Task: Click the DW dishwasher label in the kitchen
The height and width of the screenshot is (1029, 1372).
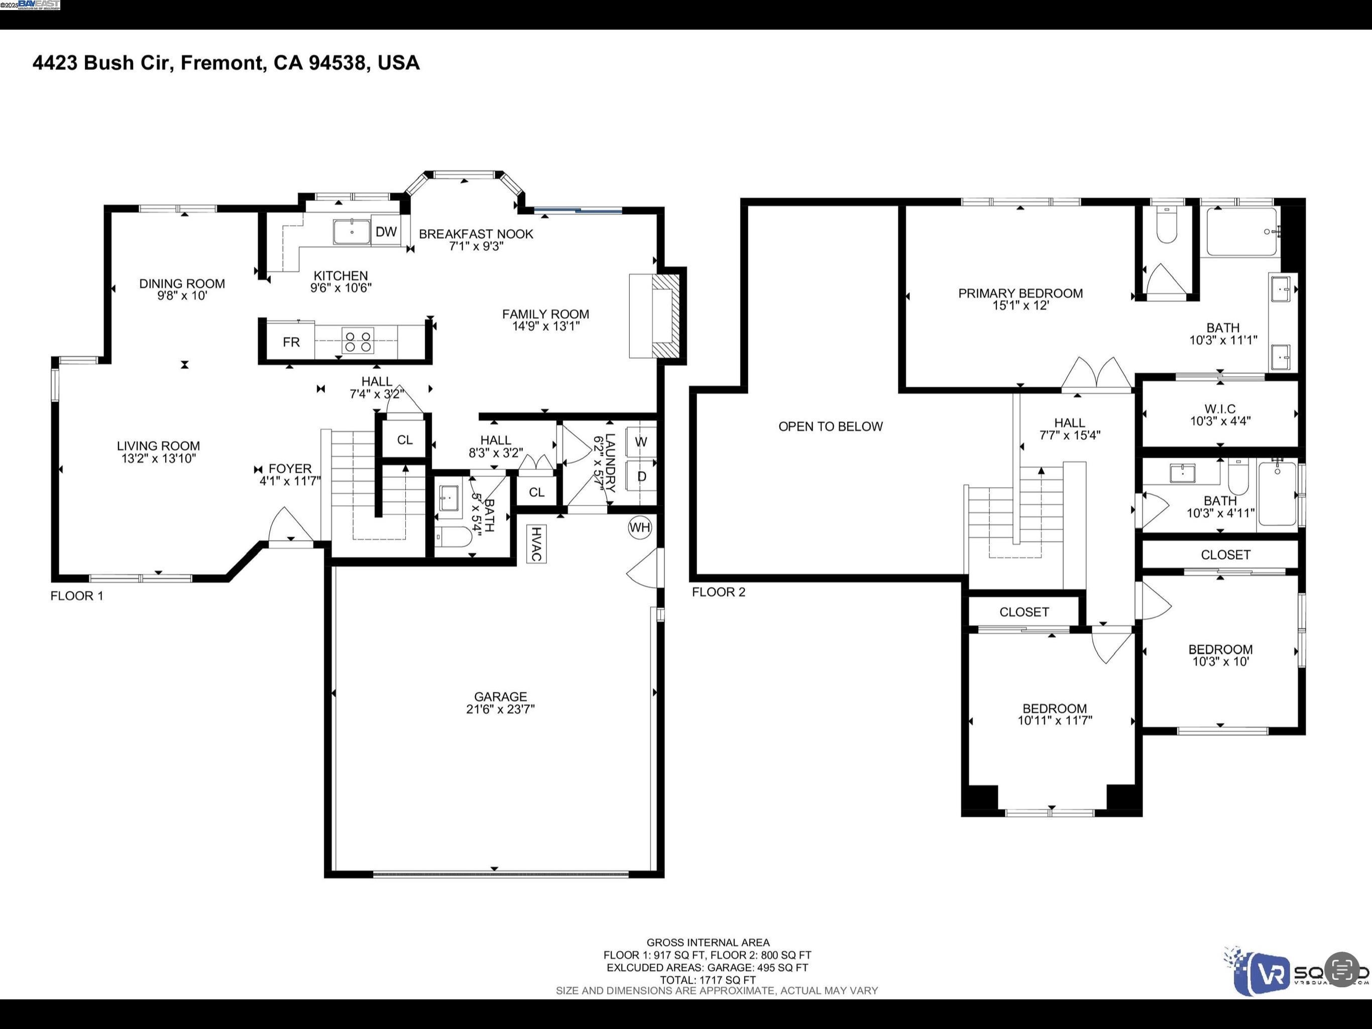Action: pos(386,232)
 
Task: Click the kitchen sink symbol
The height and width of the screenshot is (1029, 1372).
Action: pos(352,232)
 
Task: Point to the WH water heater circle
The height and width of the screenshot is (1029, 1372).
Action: pos(639,528)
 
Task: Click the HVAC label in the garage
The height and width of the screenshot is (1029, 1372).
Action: pos(536,544)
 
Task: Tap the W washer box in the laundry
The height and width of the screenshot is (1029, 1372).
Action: pos(641,442)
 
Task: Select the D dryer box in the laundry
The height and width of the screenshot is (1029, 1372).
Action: pos(641,476)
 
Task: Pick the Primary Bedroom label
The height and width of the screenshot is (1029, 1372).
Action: pos(1020,293)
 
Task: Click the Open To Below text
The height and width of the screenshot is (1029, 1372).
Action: pos(830,427)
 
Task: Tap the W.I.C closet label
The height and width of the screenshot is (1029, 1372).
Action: pos(1219,409)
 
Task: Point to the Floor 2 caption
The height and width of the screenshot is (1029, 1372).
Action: pos(718,592)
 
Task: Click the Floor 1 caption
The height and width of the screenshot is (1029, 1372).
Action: pos(77,596)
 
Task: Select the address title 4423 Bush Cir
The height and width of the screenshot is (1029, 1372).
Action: pos(226,63)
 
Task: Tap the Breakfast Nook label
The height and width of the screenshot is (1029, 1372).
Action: pos(476,234)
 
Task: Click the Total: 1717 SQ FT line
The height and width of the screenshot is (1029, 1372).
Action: pos(707,980)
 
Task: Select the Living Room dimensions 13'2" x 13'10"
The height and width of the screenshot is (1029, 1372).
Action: pos(158,459)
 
